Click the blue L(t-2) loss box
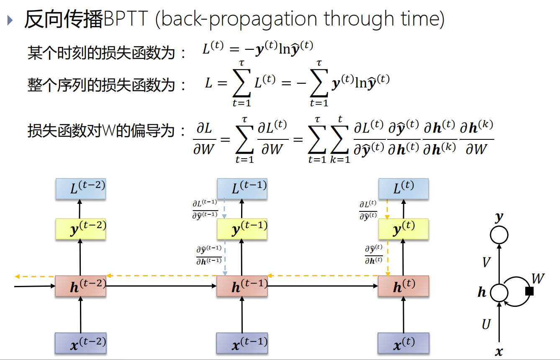pyautogui.click(x=80, y=189)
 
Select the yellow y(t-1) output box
pyautogui.click(x=242, y=229)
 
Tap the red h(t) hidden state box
pyautogui.click(x=403, y=286)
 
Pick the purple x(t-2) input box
pyautogui.click(x=80, y=343)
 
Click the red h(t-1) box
pyautogui.click(x=242, y=286)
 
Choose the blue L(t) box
pyautogui.click(x=403, y=189)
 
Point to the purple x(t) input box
pyautogui.click(x=403, y=343)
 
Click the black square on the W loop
pyautogui.click(x=529, y=291)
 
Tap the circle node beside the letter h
pyautogui.click(x=499, y=292)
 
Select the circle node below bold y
pyautogui.click(x=499, y=235)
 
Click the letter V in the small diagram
pyautogui.click(x=486, y=262)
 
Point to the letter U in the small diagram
pyautogui.click(x=486, y=324)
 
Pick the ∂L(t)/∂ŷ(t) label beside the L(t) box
pyautogui.click(x=368, y=210)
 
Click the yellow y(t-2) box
pyautogui.click(x=80, y=229)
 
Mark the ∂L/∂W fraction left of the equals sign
pyautogui.click(x=204, y=139)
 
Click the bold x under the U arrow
pyautogui.click(x=499, y=352)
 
